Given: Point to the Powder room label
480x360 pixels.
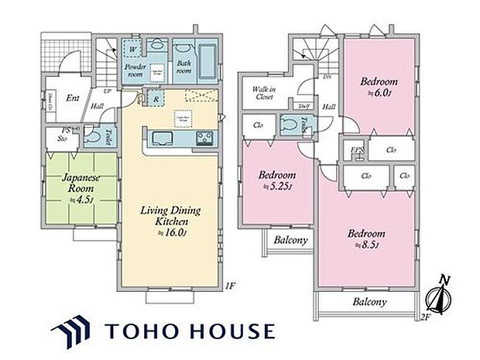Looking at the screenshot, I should click(x=136, y=71).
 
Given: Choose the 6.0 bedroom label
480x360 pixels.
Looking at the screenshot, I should click(x=379, y=85).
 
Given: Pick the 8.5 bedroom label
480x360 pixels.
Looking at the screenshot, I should click(x=367, y=238).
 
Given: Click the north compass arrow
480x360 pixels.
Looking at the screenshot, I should click(x=437, y=296).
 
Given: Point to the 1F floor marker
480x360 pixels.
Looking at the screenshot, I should click(x=230, y=285).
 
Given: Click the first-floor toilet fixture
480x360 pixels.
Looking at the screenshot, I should click(x=93, y=136).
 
